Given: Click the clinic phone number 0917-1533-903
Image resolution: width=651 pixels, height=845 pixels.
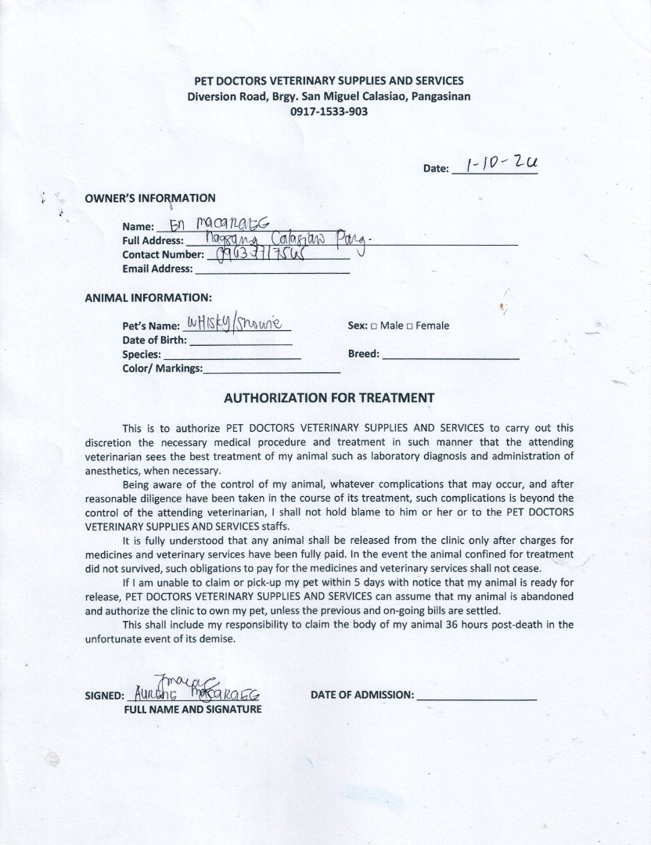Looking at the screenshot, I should [x=329, y=111].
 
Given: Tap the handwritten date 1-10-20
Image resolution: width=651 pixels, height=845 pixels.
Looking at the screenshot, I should [x=502, y=165].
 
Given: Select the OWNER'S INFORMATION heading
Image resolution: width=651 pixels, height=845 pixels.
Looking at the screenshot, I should [x=149, y=198].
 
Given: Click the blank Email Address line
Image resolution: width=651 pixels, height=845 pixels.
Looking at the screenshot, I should [x=272, y=269].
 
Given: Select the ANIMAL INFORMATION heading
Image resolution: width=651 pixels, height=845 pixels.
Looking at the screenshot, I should [x=148, y=297].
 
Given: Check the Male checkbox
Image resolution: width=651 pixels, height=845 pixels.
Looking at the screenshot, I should [x=374, y=326].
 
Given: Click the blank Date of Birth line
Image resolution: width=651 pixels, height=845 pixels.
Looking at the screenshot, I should [x=240, y=340].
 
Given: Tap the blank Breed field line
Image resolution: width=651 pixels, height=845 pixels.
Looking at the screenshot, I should [x=451, y=354].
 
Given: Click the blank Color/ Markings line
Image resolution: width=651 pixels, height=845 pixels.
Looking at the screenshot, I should [x=272, y=369].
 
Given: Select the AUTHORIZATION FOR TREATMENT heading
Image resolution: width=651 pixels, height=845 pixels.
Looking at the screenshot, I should [x=329, y=397].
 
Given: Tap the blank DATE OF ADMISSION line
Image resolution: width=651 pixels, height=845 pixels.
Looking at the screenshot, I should [x=477, y=695].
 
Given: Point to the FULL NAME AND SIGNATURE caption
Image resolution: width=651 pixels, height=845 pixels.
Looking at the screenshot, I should [x=192, y=710].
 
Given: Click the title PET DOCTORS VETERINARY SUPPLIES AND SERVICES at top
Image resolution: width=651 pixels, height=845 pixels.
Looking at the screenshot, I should [x=329, y=81].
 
